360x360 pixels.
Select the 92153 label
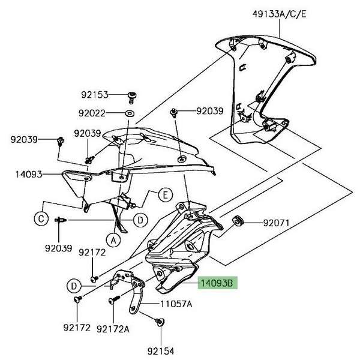pos(95,95)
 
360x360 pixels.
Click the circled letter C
pos(40,220)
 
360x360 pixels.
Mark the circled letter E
pos(165,194)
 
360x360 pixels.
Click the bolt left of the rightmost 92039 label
pos(175,112)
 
